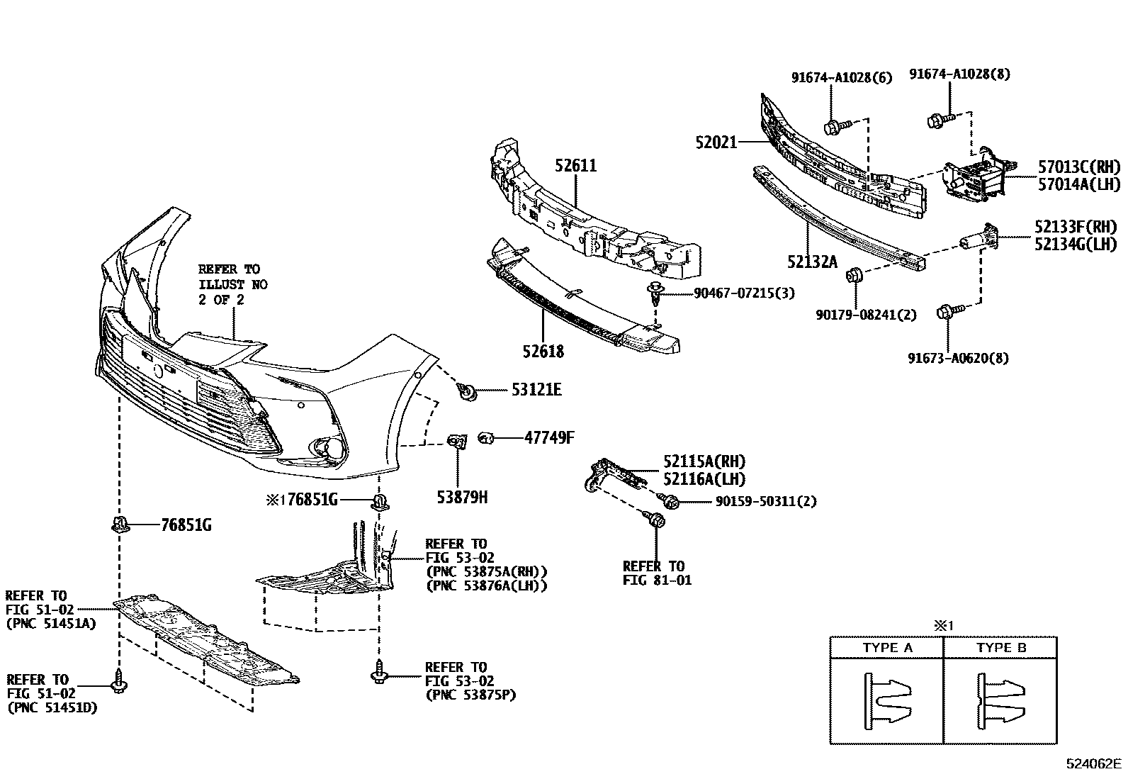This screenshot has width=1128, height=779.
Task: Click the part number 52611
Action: tap(575, 166)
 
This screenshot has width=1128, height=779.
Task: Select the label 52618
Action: tap(543, 351)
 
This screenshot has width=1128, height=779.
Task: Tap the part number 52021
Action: tap(716, 142)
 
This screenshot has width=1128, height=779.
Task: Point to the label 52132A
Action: tap(811, 262)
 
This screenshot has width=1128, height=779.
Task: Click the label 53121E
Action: tap(536, 390)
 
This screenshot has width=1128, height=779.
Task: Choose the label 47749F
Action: tap(549, 437)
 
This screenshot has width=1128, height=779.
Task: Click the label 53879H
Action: tap(462, 497)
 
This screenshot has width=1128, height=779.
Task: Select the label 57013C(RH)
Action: tap(1080, 167)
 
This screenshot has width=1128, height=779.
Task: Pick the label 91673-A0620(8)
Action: tap(958, 358)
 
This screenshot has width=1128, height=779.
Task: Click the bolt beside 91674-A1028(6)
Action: tap(833, 128)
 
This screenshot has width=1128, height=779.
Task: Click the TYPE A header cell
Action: tap(887, 647)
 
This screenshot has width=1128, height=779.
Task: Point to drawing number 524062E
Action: tap(1094, 763)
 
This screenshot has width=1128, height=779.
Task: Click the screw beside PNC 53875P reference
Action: tap(378, 672)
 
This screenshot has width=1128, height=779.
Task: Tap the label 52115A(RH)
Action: tap(704, 461)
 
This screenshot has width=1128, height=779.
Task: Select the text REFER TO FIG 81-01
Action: tap(657, 573)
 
